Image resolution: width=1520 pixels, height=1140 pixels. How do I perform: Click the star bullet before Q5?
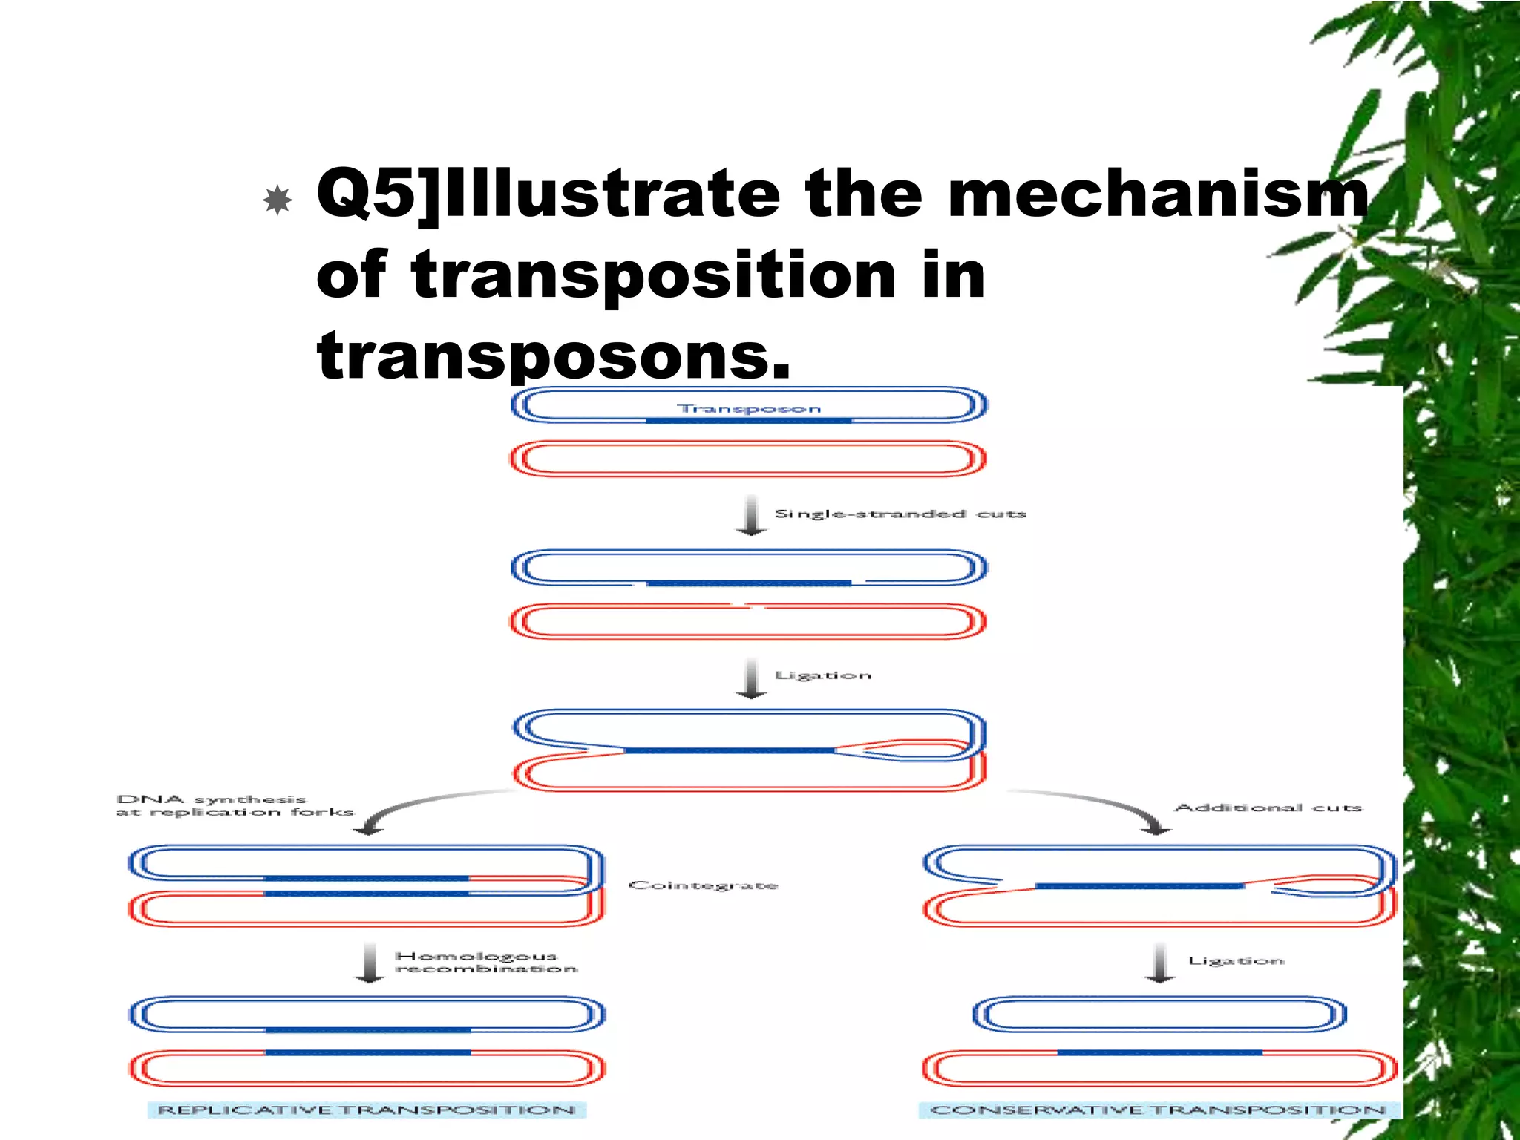tap(278, 200)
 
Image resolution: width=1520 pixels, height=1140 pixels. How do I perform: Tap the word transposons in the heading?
tap(553, 355)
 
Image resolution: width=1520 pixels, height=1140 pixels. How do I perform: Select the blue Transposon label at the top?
tap(749, 409)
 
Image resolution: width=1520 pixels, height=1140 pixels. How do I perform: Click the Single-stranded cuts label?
tap(900, 514)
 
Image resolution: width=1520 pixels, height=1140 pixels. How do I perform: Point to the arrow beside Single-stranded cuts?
tap(751, 514)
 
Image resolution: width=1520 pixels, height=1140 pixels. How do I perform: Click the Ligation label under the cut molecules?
tap(822, 675)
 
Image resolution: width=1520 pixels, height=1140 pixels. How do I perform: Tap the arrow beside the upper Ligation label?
tap(751, 678)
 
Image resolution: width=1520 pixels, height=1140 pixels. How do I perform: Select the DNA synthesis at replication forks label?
tap(235, 806)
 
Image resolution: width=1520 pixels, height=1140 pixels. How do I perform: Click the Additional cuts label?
tap(1268, 807)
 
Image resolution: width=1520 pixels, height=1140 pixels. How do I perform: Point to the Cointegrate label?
tap(703, 885)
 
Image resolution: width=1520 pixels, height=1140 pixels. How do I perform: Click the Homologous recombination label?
tap(485, 963)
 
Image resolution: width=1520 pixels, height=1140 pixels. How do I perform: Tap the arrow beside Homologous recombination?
tap(370, 963)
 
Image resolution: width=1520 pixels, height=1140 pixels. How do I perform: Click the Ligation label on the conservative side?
tap(1236, 961)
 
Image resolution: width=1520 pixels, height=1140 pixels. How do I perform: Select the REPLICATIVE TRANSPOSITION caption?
tap(367, 1110)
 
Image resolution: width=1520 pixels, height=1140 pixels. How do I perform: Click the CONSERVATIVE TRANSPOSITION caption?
tap(1158, 1110)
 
